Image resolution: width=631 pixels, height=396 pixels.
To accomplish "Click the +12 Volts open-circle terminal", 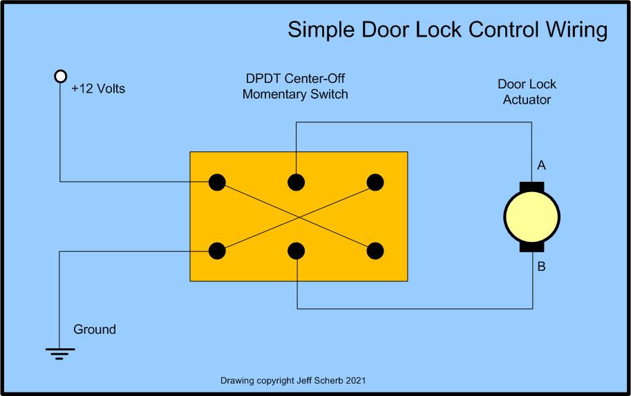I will click(60, 75).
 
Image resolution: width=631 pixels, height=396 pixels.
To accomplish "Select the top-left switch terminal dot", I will click(217, 182).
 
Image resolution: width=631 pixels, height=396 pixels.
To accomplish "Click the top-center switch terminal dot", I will click(296, 182).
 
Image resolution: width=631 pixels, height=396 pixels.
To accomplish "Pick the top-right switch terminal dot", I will click(375, 182).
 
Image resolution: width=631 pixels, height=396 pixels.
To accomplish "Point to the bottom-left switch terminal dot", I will click(217, 250).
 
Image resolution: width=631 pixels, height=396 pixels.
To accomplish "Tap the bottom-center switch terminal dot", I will click(296, 250).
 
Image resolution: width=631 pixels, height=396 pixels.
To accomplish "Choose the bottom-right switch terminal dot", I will click(375, 250).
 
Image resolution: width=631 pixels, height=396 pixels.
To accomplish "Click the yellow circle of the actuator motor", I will click(531, 217).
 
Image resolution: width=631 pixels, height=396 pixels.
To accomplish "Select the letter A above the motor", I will click(541, 165).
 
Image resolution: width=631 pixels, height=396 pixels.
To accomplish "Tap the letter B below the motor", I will click(541, 266).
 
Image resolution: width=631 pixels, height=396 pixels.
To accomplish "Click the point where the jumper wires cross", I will click(296, 216).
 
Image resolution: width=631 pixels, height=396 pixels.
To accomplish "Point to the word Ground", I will click(95, 330).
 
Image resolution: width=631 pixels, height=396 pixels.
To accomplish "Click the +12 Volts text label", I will click(98, 89).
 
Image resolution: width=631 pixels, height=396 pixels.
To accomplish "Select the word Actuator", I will click(527, 100).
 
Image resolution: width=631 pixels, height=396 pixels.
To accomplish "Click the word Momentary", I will click(271, 94).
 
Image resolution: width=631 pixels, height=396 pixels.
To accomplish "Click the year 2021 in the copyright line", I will click(353, 380).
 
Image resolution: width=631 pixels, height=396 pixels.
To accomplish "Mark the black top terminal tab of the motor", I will click(531, 187).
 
